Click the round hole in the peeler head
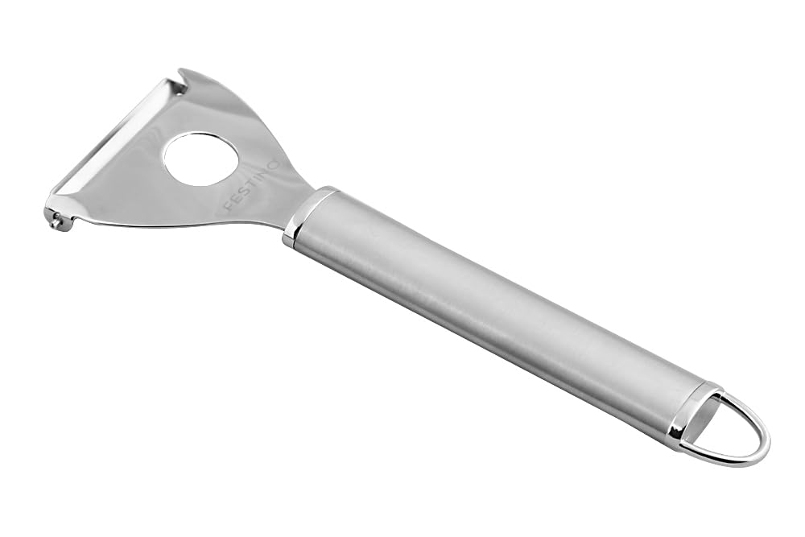[201, 159]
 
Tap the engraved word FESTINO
[251, 186]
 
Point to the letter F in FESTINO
[228, 207]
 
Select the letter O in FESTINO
[274, 165]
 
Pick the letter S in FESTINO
[243, 194]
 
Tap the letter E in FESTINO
[235, 200]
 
